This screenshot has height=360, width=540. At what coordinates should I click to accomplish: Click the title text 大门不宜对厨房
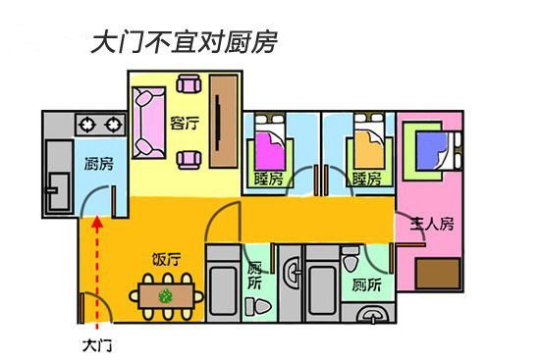click(x=184, y=42)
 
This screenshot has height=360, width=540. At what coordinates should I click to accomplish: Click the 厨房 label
click(x=99, y=164)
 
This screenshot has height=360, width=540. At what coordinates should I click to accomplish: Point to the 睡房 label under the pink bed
click(x=268, y=180)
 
